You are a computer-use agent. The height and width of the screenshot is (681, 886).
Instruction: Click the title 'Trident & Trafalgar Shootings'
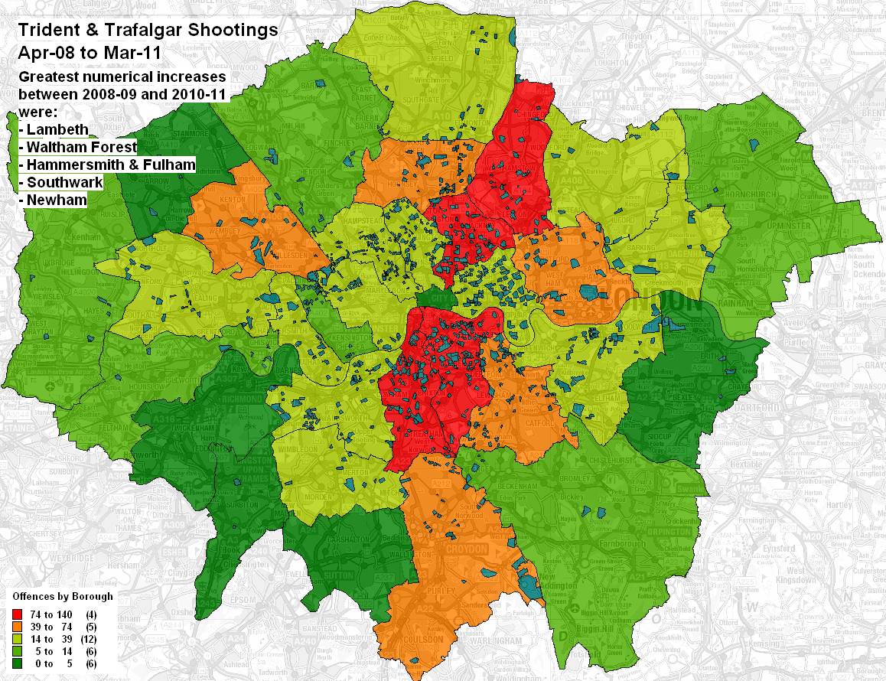148,31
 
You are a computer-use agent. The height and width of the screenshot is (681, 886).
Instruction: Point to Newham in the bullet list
56,200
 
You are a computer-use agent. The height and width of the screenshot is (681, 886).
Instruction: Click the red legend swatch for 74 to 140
17,614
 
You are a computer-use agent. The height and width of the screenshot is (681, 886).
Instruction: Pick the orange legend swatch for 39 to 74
17,626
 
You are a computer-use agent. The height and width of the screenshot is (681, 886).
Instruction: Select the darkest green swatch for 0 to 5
17,664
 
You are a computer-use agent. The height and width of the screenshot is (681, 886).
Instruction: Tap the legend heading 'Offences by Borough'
63,596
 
